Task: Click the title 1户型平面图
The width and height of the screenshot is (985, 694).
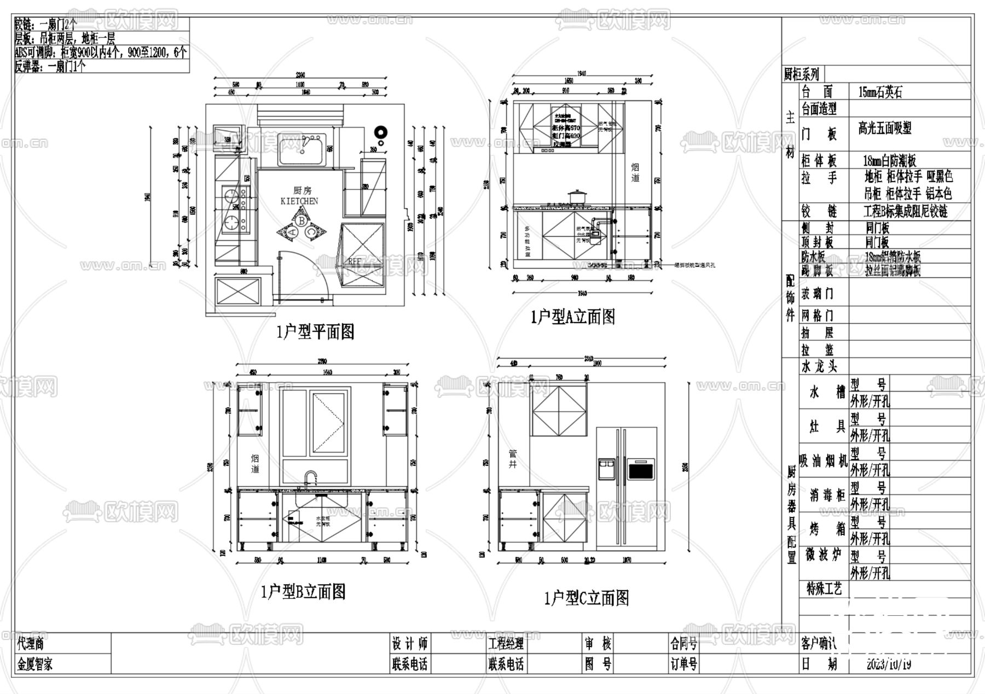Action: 315,331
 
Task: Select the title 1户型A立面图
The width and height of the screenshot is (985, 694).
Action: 573,317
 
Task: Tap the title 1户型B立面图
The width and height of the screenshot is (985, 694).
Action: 303,591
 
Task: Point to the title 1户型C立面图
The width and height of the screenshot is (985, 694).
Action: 586,598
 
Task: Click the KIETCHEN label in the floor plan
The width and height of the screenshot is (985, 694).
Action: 299,201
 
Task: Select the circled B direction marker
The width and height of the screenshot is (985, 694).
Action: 302,220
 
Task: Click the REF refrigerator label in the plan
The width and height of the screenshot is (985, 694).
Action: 355,262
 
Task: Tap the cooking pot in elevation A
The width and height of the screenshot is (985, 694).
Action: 577,197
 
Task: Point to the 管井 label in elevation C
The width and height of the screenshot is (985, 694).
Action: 513,459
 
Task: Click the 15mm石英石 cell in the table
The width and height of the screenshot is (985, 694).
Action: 880,92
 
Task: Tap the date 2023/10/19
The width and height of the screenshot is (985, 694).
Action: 889,664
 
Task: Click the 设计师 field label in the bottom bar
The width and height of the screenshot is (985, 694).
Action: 409,644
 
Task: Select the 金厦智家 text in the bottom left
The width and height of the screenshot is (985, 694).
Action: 35,664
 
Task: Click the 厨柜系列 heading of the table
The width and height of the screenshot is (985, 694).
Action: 802,74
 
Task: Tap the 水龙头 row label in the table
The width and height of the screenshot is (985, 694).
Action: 819,366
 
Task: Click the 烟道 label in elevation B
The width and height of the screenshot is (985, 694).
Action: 255,464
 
